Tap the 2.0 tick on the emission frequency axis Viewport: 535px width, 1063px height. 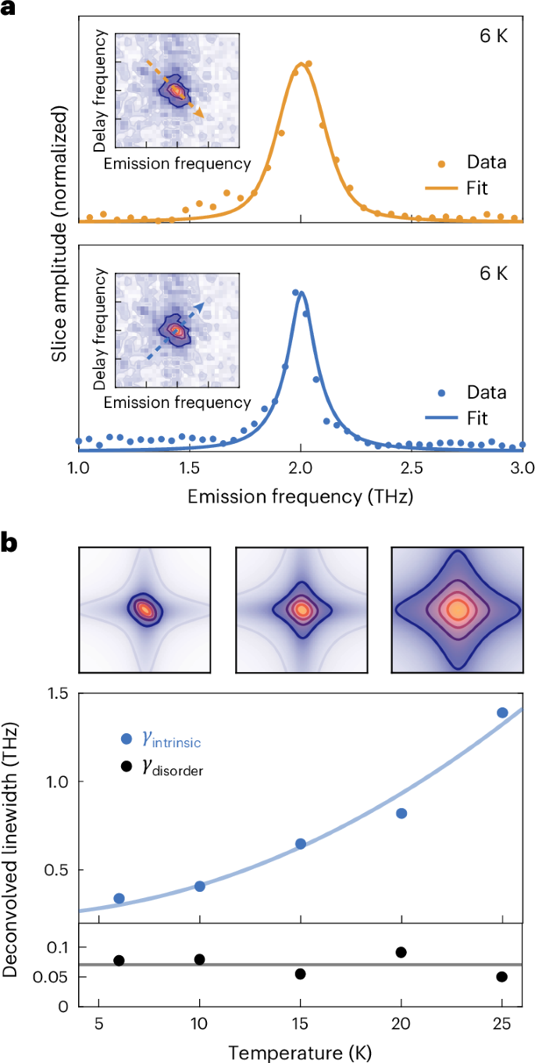(301, 469)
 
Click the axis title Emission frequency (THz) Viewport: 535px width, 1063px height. (300, 496)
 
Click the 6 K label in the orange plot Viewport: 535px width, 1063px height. (494, 36)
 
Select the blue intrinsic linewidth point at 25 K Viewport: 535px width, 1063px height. (502, 712)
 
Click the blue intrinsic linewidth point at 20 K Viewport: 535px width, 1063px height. (401, 813)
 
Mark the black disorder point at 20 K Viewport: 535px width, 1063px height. (401, 952)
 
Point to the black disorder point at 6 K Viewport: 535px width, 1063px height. (119, 961)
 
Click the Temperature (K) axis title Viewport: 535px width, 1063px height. (300, 1049)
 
